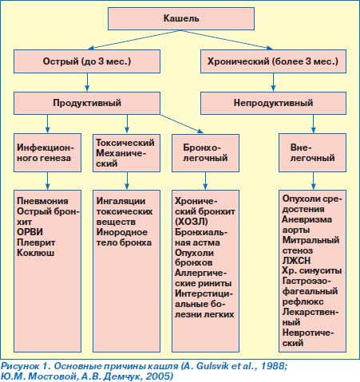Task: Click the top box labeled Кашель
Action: click(x=181, y=18)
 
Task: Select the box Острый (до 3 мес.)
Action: click(x=87, y=61)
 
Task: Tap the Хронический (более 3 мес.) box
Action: click(x=273, y=61)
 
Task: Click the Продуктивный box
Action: click(x=87, y=103)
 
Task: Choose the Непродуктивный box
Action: click(x=273, y=103)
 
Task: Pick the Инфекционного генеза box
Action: click(x=47, y=152)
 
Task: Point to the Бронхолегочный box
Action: click(x=205, y=153)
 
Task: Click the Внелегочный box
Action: click(x=312, y=152)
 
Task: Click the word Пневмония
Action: click(x=42, y=201)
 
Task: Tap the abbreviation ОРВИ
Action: click(x=30, y=232)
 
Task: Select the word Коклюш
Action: click(x=36, y=253)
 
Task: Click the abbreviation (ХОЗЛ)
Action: click(x=192, y=222)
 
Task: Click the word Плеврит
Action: click(x=36, y=242)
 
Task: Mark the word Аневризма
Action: click(x=307, y=219)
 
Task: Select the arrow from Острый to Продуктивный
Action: click(x=87, y=82)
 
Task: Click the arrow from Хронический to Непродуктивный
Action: click(x=273, y=82)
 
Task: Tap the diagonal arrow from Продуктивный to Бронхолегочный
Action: click(x=181, y=124)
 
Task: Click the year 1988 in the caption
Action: click(x=273, y=366)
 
